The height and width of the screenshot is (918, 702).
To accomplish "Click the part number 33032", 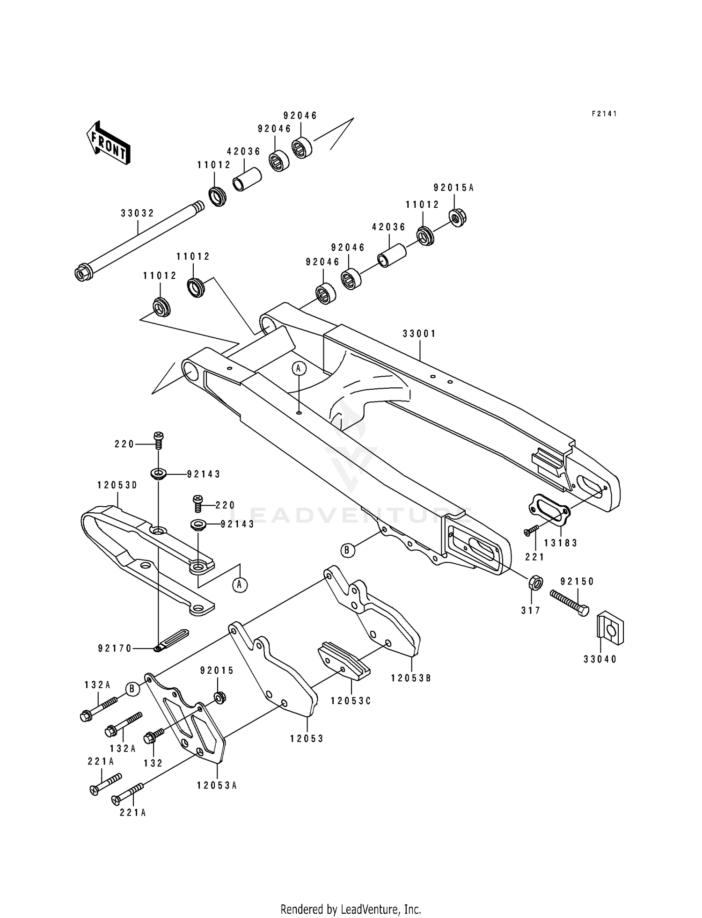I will click(137, 213).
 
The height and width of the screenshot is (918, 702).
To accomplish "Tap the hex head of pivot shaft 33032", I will click(82, 274).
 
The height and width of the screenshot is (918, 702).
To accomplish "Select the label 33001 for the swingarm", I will click(419, 334).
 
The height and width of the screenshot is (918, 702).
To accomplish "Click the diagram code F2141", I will click(604, 114).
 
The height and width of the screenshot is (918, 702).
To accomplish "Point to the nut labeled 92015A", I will click(456, 218).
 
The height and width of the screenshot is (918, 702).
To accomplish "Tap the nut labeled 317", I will click(535, 583).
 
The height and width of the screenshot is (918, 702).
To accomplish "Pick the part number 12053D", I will click(117, 485).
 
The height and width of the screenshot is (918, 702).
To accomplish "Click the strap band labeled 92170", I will click(173, 639).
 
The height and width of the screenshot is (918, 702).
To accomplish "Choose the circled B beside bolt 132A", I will click(132, 689).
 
